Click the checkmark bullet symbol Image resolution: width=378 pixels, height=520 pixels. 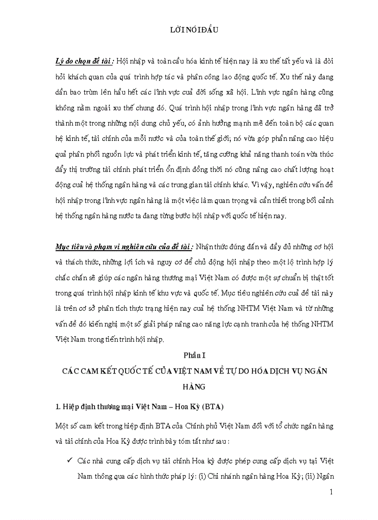[x=69, y=462]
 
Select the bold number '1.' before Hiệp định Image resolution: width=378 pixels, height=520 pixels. [x=58, y=407]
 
